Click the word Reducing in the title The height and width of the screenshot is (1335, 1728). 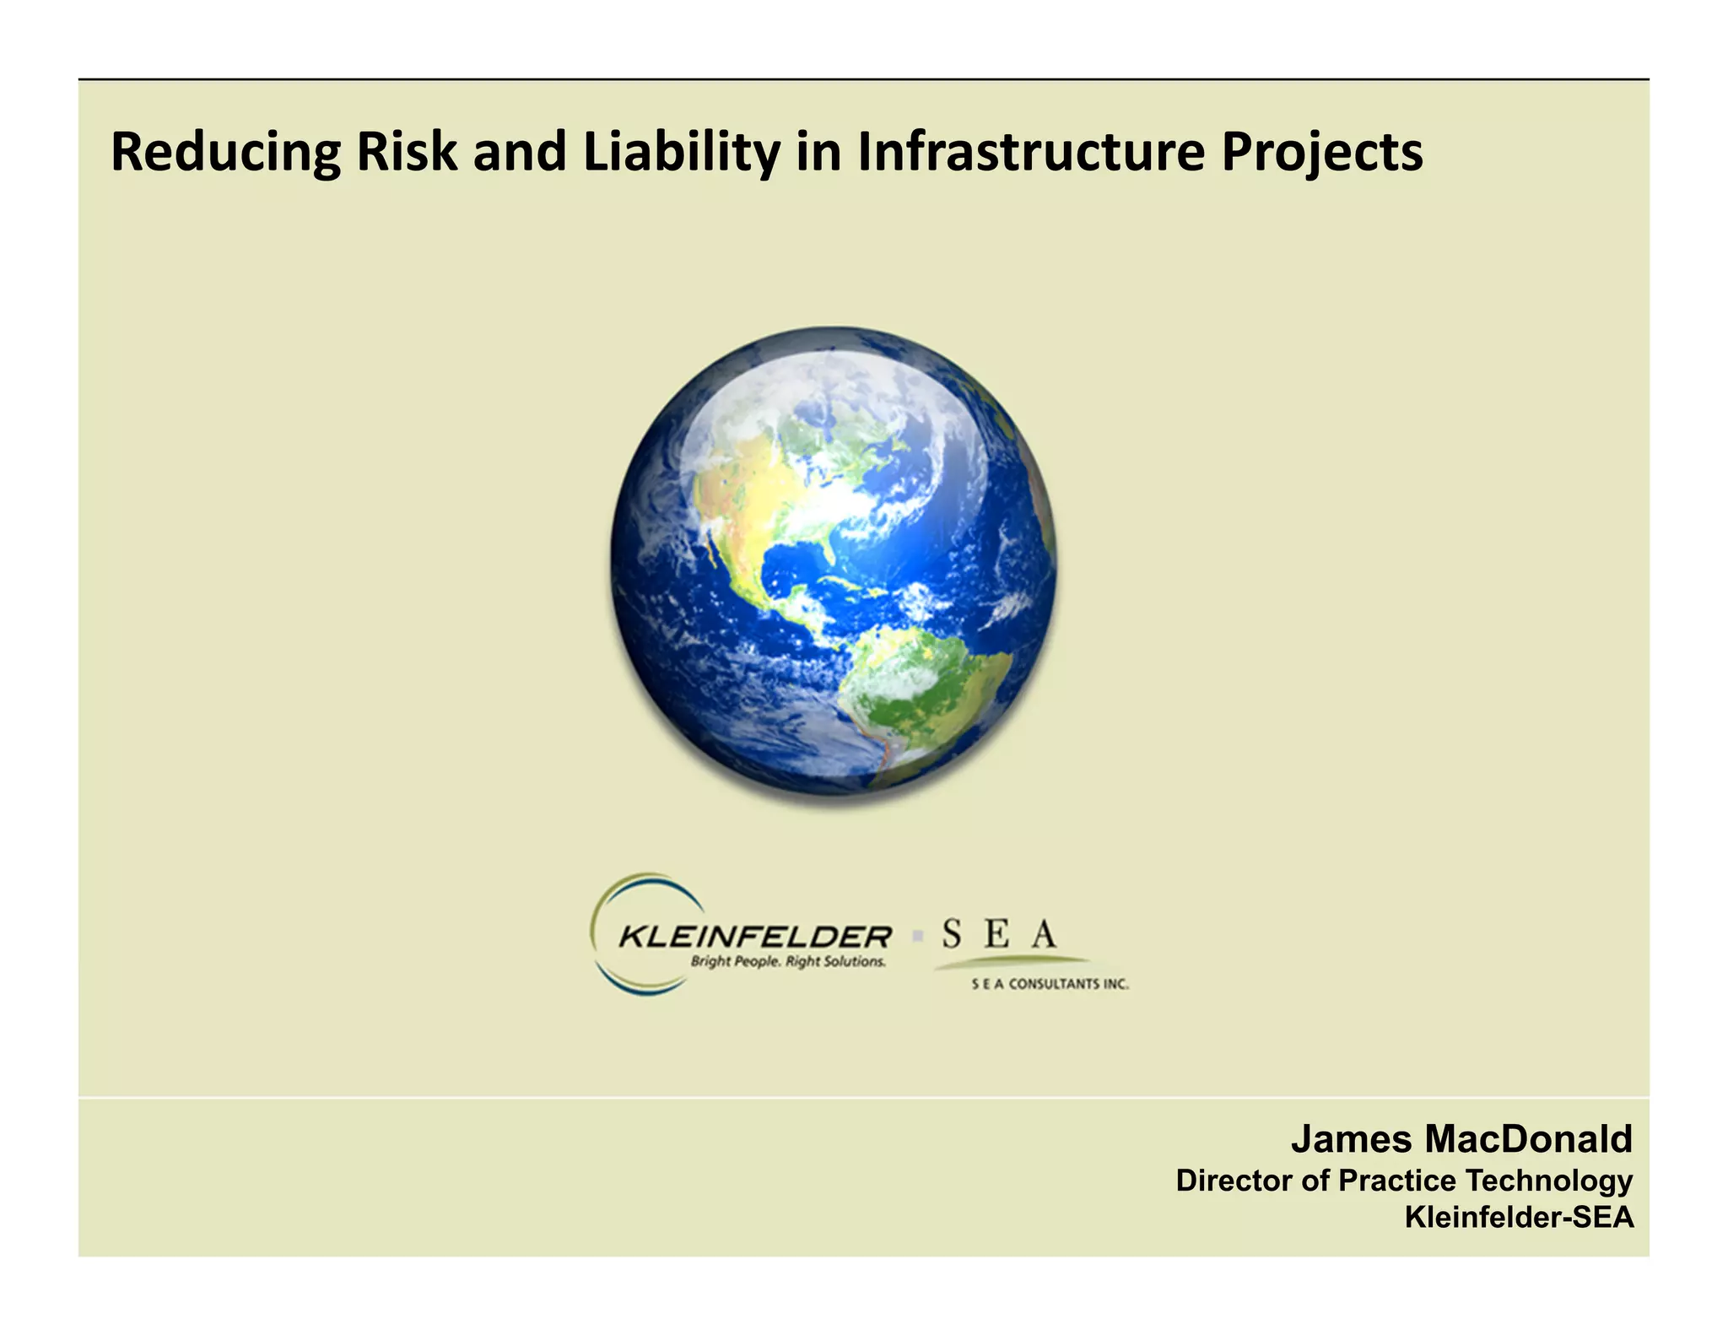coord(225,153)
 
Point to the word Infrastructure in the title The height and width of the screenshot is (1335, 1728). coord(1029,153)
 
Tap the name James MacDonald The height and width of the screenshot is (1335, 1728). coord(1461,1139)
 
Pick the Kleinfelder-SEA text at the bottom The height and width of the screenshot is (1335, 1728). coord(1519,1217)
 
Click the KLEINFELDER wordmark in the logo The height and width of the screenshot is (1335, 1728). coord(754,936)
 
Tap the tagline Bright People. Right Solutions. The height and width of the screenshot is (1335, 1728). coord(788,962)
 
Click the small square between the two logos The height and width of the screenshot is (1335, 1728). coord(916,936)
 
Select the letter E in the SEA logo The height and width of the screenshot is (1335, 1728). coord(996,934)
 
